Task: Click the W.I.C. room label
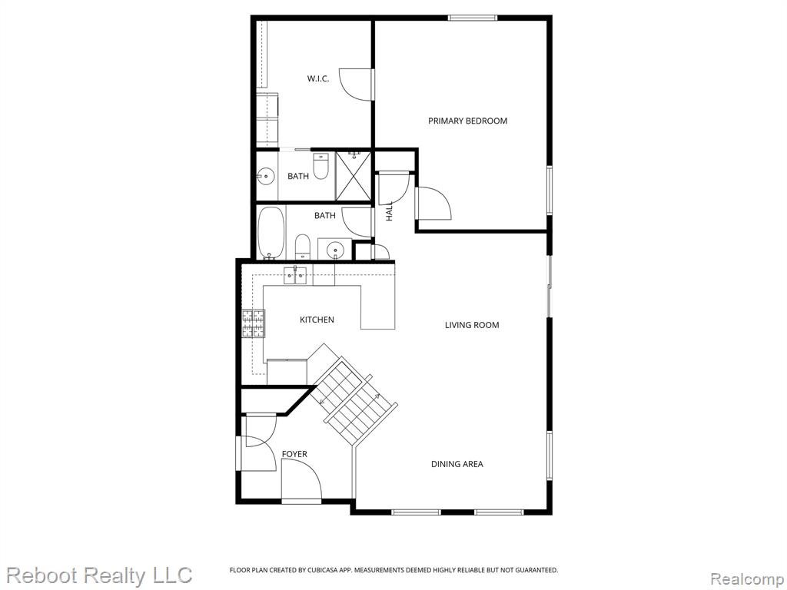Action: (x=317, y=78)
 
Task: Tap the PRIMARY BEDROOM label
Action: (x=467, y=121)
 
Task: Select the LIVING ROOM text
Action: (x=472, y=325)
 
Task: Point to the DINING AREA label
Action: (x=457, y=464)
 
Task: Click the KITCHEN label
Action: (x=317, y=320)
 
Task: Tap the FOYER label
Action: (x=294, y=454)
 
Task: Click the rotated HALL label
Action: (x=389, y=211)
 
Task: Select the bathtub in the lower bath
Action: (x=271, y=233)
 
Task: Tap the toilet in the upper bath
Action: (x=320, y=166)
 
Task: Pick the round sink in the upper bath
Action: (x=265, y=176)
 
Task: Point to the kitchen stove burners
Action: (x=254, y=323)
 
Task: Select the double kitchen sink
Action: (x=295, y=276)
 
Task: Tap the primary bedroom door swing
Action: (x=433, y=203)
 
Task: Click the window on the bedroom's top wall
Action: (x=473, y=18)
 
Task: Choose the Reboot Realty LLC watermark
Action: (x=100, y=575)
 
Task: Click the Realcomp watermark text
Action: (x=748, y=578)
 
